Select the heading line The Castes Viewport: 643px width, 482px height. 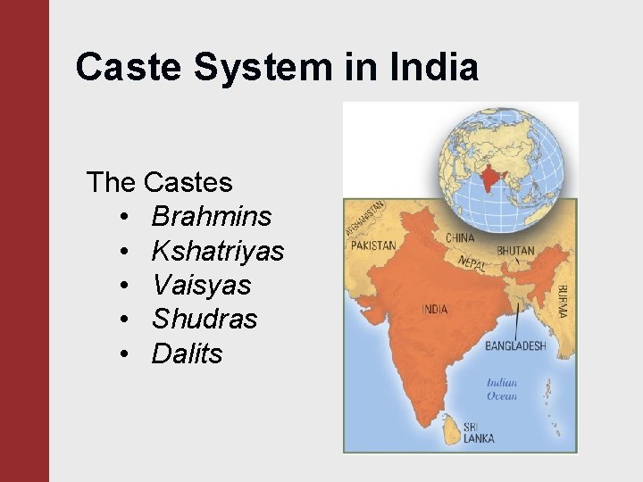[x=159, y=183]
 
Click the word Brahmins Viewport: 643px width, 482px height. [x=212, y=217]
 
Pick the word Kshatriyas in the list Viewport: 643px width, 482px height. [x=218, y=251]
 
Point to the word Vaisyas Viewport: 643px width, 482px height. [x=201, y=286]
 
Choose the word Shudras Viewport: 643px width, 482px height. [x=205, y=320]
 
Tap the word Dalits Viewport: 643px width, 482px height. [x=187, y=353]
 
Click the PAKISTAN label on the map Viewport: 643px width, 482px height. [x=372, y=245]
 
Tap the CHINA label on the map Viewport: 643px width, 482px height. [x=460, y=238]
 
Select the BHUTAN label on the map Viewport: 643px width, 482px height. [x=515, y=251]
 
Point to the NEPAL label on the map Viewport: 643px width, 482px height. [x=472, y=262]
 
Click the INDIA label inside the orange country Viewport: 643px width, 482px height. [x=435, y=310]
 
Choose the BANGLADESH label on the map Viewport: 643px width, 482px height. [x=515, y=345]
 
